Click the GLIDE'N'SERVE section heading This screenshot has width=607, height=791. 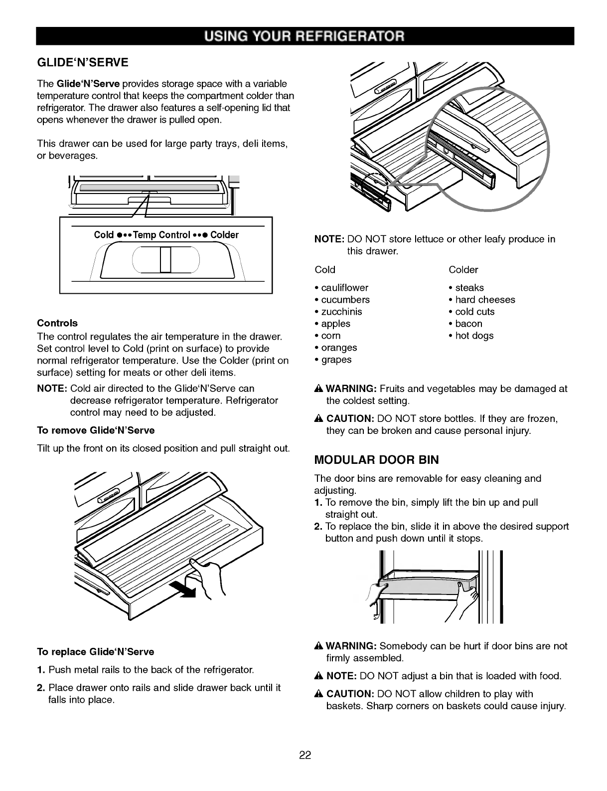[x=83, y=62]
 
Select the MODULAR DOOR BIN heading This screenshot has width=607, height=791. [x=376, y=459]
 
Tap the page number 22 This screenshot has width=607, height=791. [x=305, y=756]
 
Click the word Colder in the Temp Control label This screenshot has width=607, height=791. [x=224, y=235]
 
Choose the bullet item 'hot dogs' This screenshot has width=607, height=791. [x=474, y=336]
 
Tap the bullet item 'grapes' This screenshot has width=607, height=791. [x=336, y=360]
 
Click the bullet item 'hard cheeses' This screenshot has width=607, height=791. [x=485, y=300]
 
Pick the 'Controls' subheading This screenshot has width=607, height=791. [x=57, y=323]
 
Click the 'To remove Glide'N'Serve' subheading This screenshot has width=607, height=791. [x=96, y=430]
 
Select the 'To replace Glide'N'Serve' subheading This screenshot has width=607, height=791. [x=96, y=652]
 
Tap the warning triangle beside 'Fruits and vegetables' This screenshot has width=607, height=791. [x=319, y=389]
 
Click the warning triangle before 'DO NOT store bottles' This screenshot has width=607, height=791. [x=319, y=418]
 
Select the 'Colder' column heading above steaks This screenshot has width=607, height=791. [x=463, y=270]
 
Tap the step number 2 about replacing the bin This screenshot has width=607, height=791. [x=318, y=527]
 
